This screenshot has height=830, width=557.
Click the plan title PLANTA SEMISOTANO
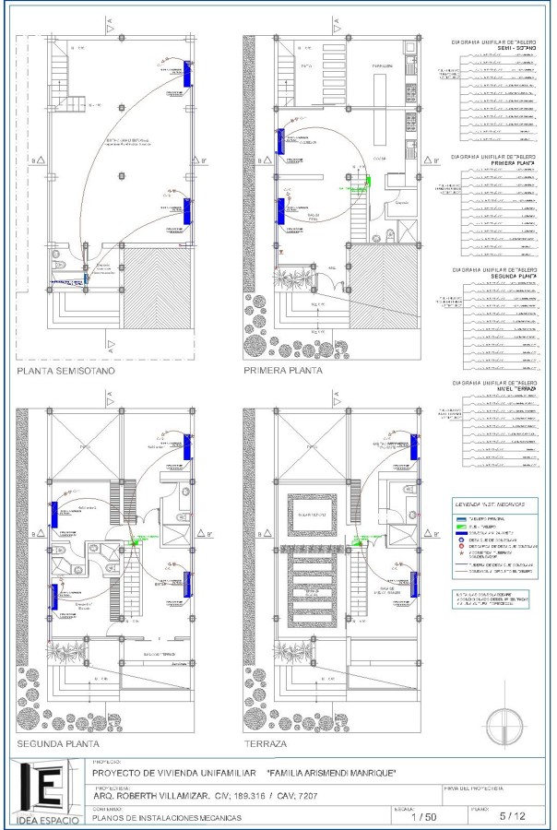pos(65,372)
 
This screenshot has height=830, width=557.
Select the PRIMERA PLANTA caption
pos(283,372)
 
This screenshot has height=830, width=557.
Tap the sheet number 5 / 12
pos(513,816)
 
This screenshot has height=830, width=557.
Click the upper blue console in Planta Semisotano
pos(188,74)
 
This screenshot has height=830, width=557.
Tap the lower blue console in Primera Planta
pos(280,210)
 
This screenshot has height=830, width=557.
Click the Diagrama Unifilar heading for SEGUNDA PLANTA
pos(494,274)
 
